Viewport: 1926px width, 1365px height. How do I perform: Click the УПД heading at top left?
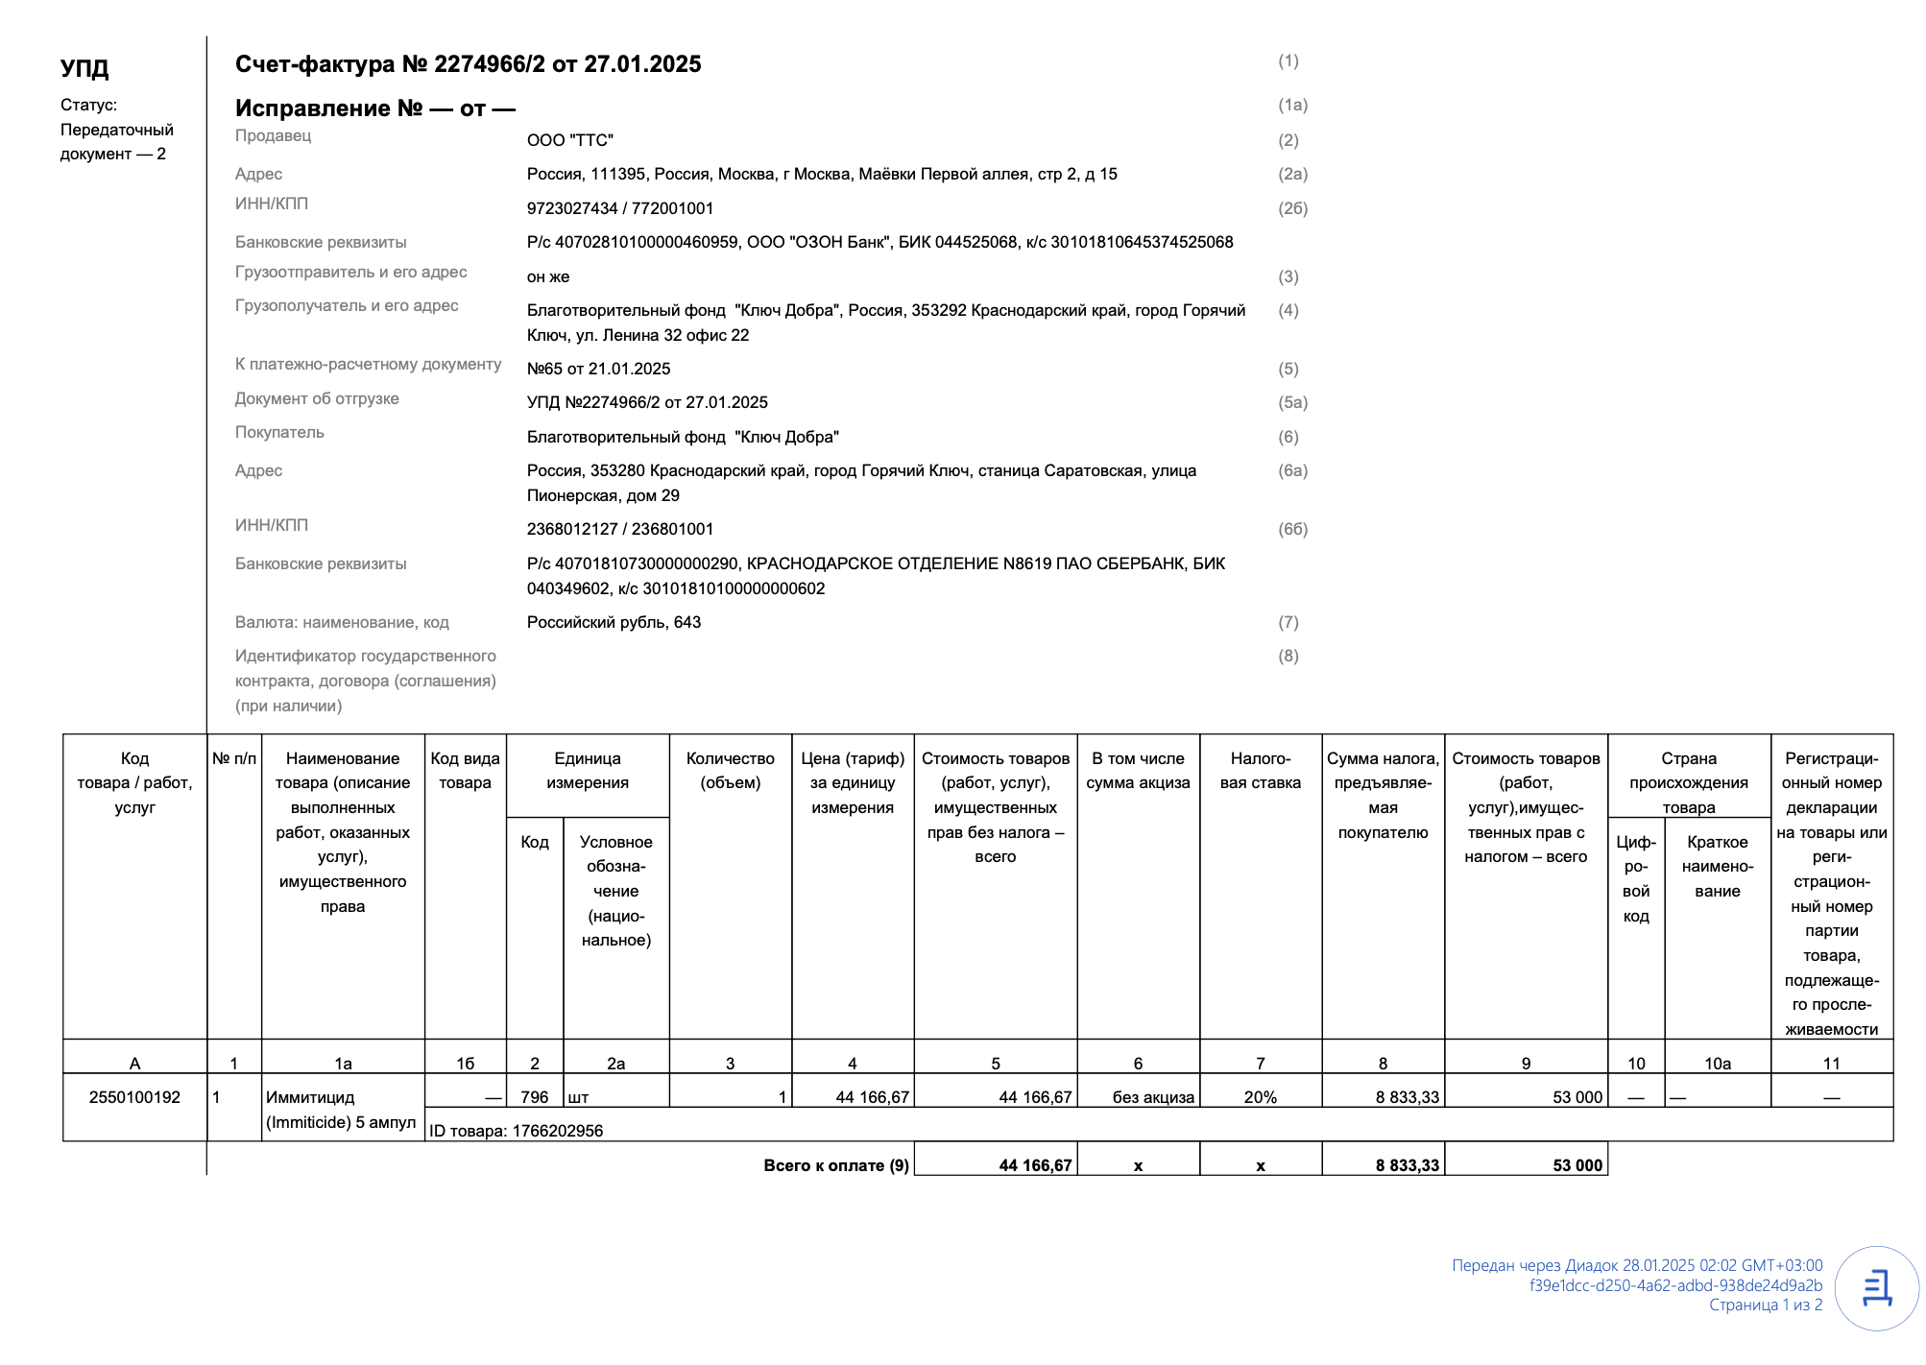[84, 68]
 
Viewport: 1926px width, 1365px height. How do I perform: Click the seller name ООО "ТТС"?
[569, 140]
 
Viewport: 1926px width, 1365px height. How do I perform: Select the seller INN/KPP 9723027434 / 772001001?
[619, 208]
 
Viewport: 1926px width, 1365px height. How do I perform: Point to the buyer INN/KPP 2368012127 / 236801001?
[619, 529]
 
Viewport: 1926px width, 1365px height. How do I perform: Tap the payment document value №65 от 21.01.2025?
[598, 369]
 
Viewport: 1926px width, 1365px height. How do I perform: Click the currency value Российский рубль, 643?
[614, 622]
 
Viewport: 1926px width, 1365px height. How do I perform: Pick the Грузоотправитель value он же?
[547, 276]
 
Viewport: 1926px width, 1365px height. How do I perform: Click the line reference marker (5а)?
[1292, 402]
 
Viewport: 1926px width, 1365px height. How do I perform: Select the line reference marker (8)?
[1288, 656]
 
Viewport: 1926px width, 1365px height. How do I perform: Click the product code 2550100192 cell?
[134, 1097]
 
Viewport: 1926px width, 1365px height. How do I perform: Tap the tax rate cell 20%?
[1260, 1097]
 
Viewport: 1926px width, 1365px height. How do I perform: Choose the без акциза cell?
[1152, 1097]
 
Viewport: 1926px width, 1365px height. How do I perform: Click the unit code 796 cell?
[534, 1097]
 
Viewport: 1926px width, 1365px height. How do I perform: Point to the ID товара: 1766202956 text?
[516, 1131]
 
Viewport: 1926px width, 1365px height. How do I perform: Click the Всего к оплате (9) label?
[835, 1165]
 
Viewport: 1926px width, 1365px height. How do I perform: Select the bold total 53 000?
[1577, 1165]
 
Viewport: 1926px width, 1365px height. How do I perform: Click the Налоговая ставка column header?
[1260, 771]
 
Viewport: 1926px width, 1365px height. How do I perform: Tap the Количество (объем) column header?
[730, 771]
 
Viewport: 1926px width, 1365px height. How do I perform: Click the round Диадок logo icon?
[1876, 1288]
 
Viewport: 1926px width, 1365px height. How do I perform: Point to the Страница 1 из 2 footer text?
[1765, 1305]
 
